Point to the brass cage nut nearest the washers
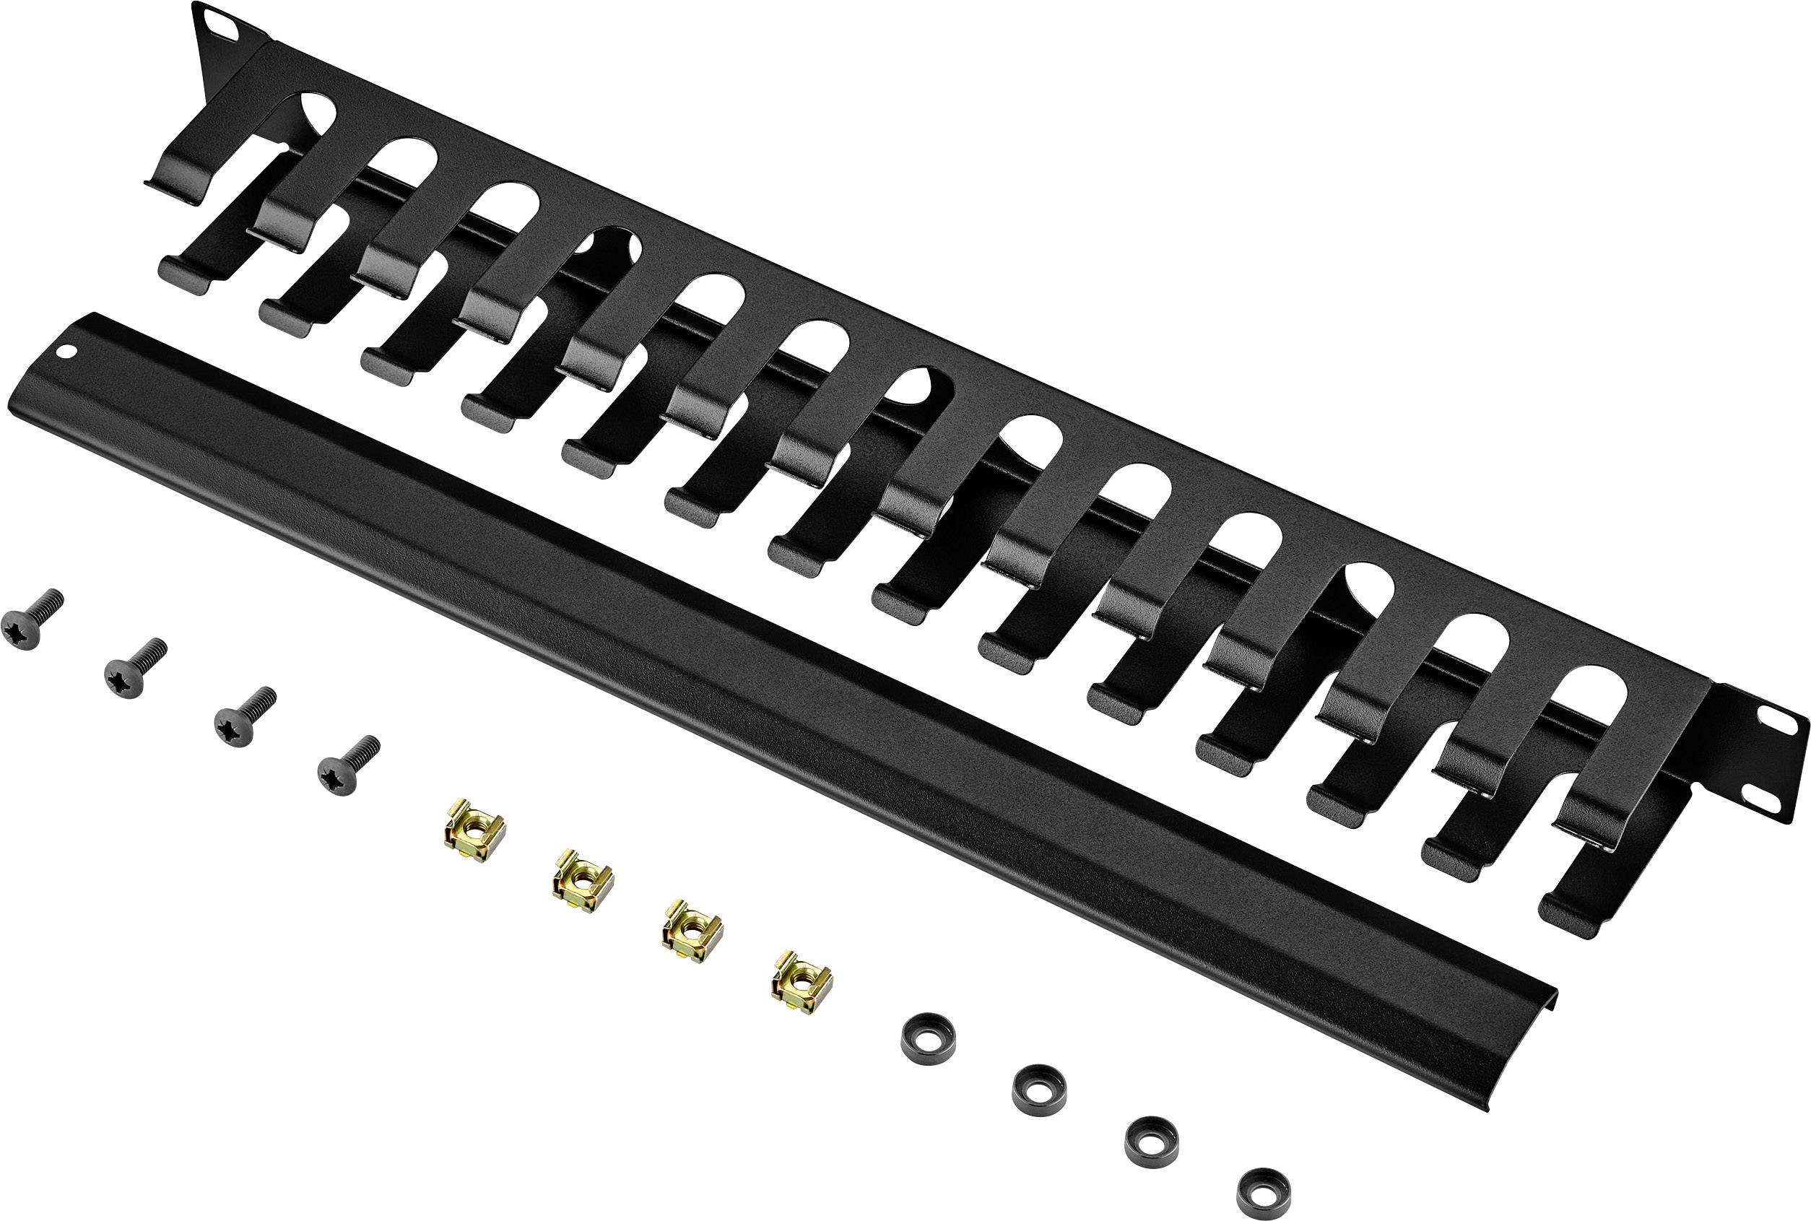[x=800, y=981]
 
